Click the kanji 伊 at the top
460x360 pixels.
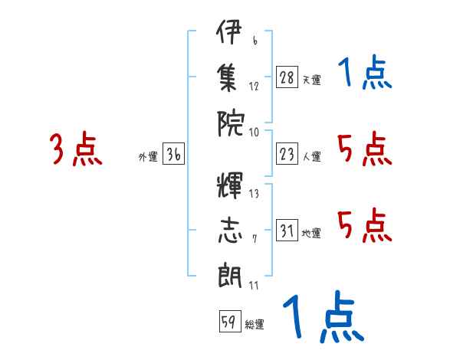pyautogui.click(x=228, y=31)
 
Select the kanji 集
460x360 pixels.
pyautogui.click(x=228, y=78)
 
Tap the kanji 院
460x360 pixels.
pyautogui.click(x=230, y=123)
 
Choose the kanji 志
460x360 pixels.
pyautogui.click(x=230, y=230)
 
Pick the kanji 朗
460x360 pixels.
pyautogui.click(x=230, y=275)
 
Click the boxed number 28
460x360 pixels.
pyautogui.click(x=287, y=77)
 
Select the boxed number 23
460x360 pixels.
pyautogui.click(x=287, y=154)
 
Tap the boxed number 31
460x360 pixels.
pyautogui.click(x=287, y=230)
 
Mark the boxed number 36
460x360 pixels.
pyautogui.click(x=173, y=154)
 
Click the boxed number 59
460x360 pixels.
pyautogui.click(x=230, y=321)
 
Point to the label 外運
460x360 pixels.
pyautogui.click(x=148, y=157)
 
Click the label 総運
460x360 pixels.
pyautogui.click(x=255, y=324)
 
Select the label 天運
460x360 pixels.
pyautogui.click(x=312, y=80)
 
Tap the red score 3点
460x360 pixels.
pyautogui.click(x=76, y=149)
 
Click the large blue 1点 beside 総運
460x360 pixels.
pyautogui.click(x=324, y=316)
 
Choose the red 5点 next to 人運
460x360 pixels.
pyautogui.click(x=365, y=149)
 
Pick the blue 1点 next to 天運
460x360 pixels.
pyautogui.click(x=365, y=71)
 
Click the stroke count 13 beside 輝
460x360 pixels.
pyautogui.click(x=254, y=194)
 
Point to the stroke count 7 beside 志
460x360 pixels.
pyautogui.click(x=255, y=239)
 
